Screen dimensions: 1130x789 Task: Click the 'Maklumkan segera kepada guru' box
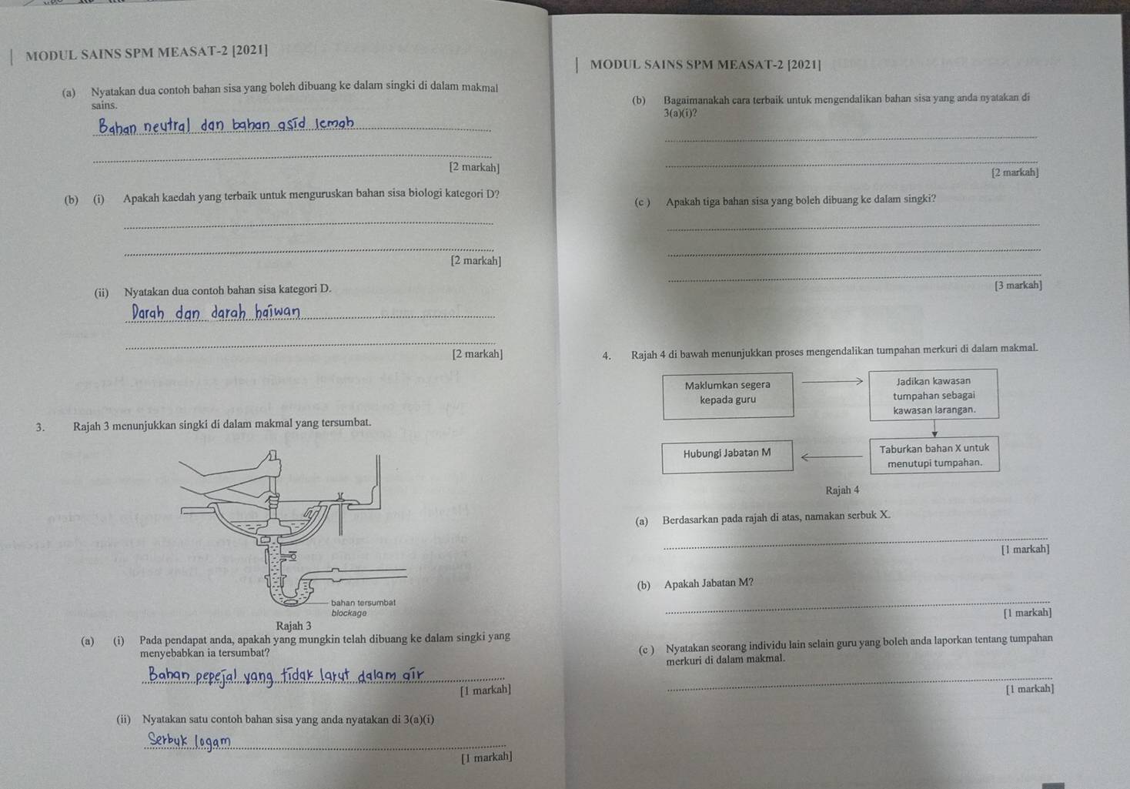point(728,396)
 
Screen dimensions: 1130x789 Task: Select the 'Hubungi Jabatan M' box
point(727,456)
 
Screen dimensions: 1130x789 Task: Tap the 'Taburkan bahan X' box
point(934,455)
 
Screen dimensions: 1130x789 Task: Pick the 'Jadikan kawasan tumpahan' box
point(934,394)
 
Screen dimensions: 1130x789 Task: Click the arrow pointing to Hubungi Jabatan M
point(832,457)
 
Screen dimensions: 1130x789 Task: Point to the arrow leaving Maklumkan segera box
point(832,381)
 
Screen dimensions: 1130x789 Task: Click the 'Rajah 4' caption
point(842,490)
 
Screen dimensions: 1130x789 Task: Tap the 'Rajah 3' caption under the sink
point(293,626)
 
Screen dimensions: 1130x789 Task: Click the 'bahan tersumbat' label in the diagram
point(363,603)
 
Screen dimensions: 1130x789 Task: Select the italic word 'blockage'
point(349,613)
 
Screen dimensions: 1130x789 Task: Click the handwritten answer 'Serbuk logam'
point(189,741)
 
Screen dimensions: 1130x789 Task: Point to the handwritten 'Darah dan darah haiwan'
point(216,313)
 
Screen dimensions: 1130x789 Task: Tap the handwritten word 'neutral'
point(166,125)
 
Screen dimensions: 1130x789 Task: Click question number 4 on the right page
point(607,356)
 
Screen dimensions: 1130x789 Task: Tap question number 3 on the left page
point(40,427)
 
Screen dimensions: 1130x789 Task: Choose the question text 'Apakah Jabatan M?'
point(709,583)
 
